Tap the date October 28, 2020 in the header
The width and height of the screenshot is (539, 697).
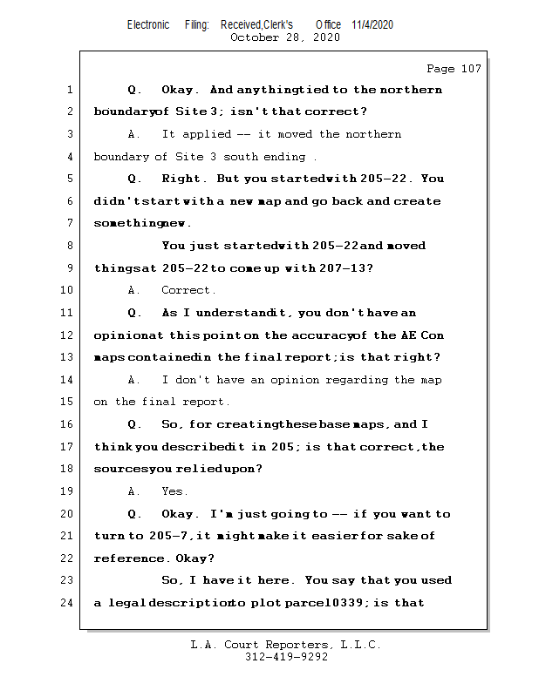[x=285, y=37]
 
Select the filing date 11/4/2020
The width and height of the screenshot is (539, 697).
[x=372, y=24]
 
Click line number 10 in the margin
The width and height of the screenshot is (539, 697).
[x=68, y=290]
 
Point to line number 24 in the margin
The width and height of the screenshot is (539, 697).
[x=68, y=602]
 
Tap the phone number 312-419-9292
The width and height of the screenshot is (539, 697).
[x=286, y=657]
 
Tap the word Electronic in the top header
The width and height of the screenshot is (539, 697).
[x=148, y=24]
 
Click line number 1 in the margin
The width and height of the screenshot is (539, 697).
[x=68, y=90]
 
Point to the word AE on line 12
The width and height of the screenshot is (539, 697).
[x=409, y=335]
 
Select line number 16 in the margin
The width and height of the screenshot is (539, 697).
[x=68, y=424]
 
